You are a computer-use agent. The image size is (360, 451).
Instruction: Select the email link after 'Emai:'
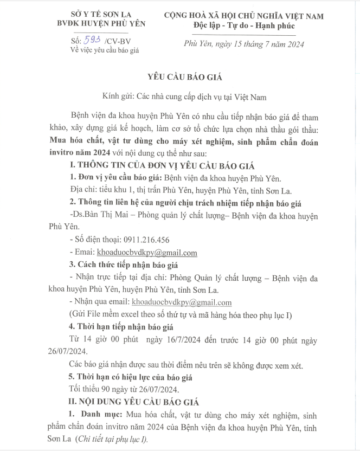point(146,253)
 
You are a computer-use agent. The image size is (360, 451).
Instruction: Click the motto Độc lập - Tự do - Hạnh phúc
point(244,25)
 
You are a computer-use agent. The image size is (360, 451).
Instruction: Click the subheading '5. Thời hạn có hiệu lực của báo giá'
point(130,377)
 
